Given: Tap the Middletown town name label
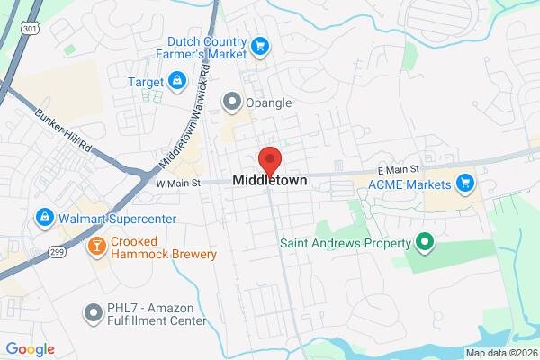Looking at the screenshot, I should (x=270, y=181).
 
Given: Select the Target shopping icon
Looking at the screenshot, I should (x=177, y=81).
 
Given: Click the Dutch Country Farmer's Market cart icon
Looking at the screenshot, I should (x=260, y=46).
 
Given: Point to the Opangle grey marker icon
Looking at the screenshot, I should (x=232, y=102).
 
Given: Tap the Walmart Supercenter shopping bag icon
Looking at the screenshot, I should (x=43, y=217).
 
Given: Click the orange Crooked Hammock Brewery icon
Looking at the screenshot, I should (x=94, y=245).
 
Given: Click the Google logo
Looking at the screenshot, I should (x=29, y=349).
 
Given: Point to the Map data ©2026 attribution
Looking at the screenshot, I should (x=500, y=353).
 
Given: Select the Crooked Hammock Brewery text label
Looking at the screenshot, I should (x=165, y=247).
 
